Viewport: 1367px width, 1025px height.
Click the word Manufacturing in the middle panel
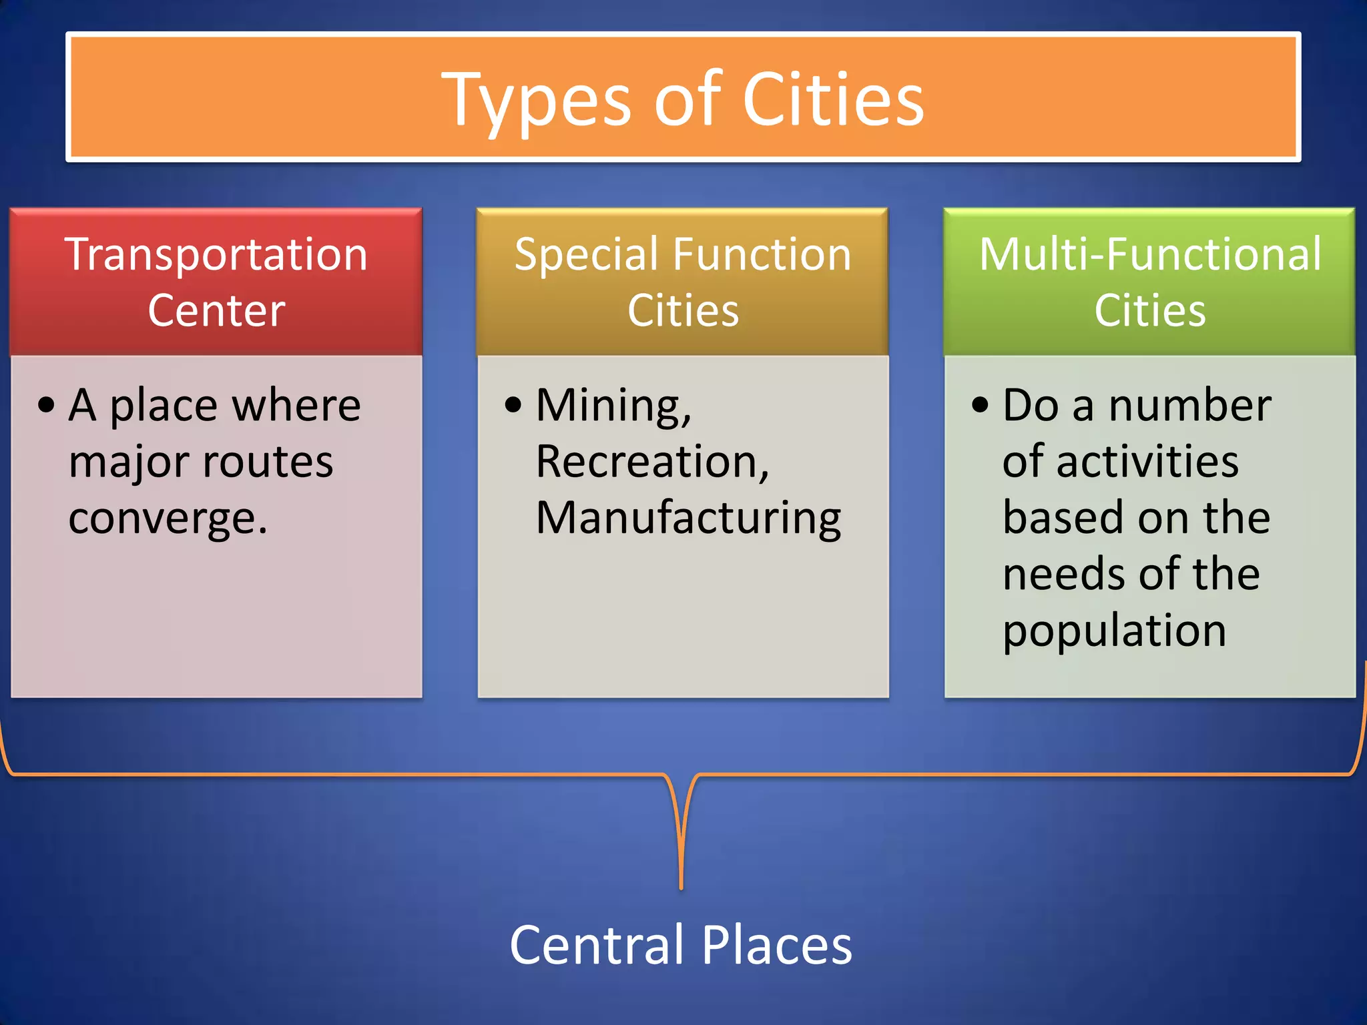pos(688,519)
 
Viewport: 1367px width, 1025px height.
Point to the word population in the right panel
pos(1114,631)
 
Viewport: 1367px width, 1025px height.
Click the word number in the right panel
pos(1189,406)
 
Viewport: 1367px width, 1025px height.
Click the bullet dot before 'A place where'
pos(46,405)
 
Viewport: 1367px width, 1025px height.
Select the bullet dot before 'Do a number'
pos(980,405)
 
